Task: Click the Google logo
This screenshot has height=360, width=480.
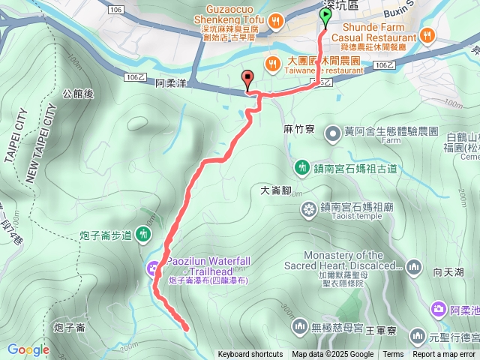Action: [28, 349]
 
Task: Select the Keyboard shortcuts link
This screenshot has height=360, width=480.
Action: [250, 355]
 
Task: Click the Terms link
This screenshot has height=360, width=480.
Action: [393, 355]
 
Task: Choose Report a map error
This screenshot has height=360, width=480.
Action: [444, 355]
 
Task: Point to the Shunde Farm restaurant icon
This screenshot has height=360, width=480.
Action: [427, 34]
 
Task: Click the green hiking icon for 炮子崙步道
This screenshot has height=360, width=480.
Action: [144, 235]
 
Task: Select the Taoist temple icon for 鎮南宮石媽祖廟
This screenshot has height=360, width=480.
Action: [308, 208]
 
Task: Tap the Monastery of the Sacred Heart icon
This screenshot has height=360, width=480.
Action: [414, 266]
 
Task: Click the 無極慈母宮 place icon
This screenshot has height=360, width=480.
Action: [300, 325]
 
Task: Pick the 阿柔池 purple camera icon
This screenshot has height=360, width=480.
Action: [438, 308]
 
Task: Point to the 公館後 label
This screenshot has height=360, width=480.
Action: [78, 94]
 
